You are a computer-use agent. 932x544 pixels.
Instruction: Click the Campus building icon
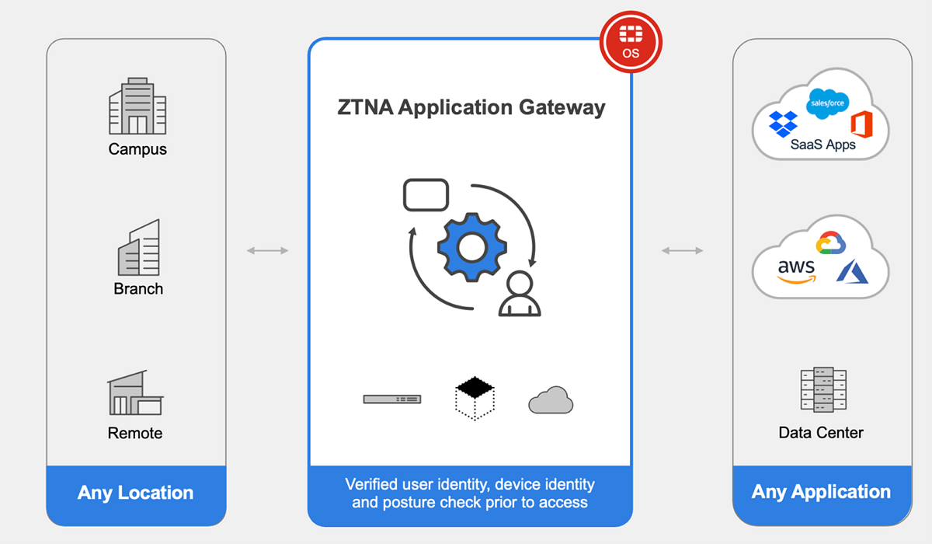click(x=137, y=106)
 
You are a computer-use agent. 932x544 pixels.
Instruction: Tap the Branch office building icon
click(x=138, y=247)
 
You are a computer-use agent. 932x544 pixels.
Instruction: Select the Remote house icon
click(x=136, y=392)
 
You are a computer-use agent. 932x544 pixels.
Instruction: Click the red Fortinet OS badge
click(x=631, y=43)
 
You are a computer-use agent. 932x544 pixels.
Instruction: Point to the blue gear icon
click(x=471, y=248)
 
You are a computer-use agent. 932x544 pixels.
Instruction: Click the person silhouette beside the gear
click(x=519, y=294)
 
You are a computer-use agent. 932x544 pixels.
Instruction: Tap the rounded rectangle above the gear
click(x=426, y=195)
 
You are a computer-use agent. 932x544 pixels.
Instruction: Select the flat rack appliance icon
click(x=392, y=399)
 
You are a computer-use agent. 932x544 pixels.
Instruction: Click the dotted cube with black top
click(x=475, y=397)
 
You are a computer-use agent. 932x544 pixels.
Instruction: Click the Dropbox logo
click(x=783, y=124)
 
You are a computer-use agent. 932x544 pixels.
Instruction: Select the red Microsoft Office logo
click(x=861, y=124)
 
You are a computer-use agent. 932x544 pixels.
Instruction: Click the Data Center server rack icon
click(x=822, y=389)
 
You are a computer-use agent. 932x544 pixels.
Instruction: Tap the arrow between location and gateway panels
click(x=267, y=250)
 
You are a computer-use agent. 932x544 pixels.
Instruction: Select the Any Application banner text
click(x=821, y=492)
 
